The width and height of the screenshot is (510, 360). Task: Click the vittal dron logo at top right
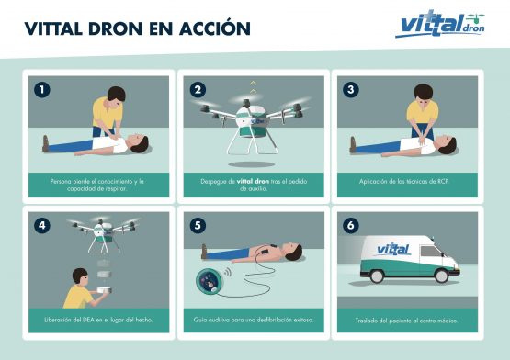coord(440,24)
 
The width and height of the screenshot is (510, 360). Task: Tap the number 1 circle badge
coord(42,89)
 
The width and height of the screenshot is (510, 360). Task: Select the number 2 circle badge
coord(198,89)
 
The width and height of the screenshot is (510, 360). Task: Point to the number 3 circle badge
coord(351,89)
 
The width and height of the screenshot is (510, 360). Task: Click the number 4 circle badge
coord(42,225)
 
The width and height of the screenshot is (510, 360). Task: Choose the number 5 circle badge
coord(198,225)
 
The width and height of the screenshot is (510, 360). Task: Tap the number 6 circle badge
coord(351,225)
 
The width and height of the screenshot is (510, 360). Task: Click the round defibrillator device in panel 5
coord(210,281)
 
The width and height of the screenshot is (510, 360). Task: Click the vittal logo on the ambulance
coord(393,249)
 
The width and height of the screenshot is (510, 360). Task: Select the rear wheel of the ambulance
coord(377,276)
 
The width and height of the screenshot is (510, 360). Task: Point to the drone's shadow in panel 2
coord(252,164)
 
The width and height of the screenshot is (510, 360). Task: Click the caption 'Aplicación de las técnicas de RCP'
coord(404,182)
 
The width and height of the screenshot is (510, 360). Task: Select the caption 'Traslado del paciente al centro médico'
coord(406,321)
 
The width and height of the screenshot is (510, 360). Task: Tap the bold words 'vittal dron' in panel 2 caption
coord(253,182)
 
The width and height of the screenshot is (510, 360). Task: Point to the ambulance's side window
coord(430,252)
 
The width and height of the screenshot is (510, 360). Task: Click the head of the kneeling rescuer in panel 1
coord(116,95)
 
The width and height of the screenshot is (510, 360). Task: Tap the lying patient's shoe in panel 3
coord(353,144)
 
